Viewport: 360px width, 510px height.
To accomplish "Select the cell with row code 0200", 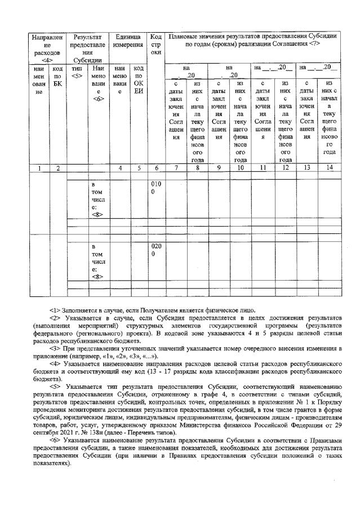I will tap(156, 250).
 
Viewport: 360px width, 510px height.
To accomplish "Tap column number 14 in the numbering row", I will tap(329, 167).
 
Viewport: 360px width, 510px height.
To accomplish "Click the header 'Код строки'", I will tap(156, 44).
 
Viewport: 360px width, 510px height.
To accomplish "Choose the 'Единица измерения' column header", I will tap(127, 40).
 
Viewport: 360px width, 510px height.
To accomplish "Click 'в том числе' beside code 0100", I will tap(98, 198).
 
